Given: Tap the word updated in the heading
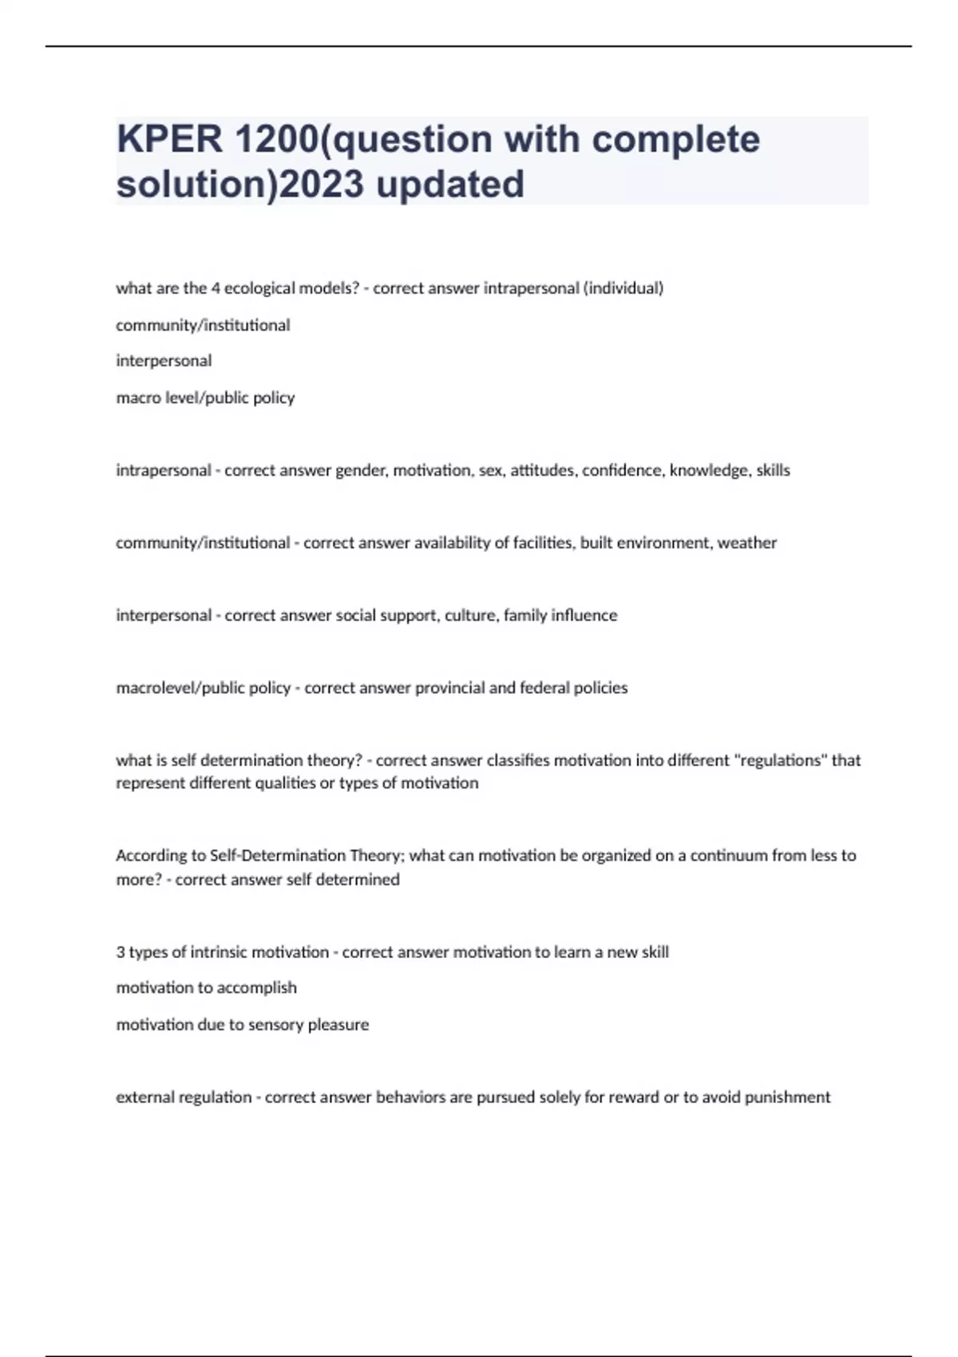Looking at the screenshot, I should coord(449,184).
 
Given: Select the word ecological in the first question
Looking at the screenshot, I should coord(259,288).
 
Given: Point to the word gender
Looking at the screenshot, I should coord(361,471).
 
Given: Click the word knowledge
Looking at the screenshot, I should coord(708,471).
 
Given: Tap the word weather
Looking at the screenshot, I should coord(746,543).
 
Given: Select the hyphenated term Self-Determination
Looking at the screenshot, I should coord(277,856).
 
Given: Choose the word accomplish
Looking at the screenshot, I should coord(256,988).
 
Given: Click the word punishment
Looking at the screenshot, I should coord(787,1098).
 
